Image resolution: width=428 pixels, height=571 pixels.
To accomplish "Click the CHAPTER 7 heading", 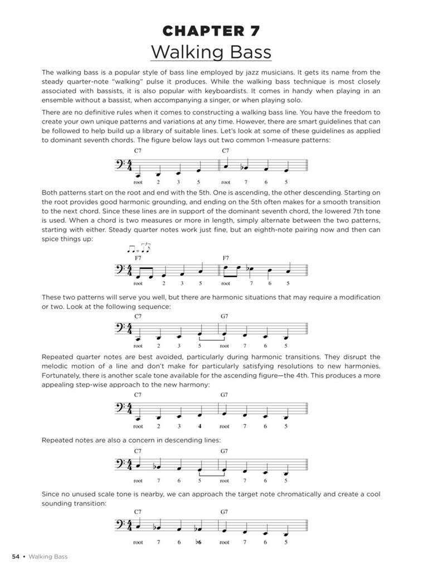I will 211,31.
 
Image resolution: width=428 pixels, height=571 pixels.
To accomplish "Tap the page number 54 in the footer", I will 16,556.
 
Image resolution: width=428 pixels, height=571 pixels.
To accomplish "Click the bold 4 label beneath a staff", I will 199,425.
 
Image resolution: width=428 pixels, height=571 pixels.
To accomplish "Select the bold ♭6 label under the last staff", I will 198,542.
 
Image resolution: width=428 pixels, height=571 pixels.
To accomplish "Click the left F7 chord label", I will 138,258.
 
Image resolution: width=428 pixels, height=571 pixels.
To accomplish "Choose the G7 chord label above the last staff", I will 224,511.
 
